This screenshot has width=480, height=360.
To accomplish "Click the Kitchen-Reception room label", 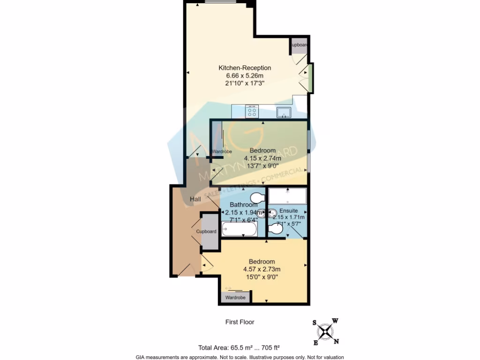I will pyautogui.click(x=248, y=68).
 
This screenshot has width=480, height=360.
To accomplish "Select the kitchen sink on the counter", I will pyautogui.click(x=284, y=112).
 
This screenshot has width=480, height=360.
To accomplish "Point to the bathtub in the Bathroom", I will pyautogui.click(x=239, y=230).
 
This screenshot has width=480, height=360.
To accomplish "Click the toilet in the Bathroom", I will pyautogui.click(x=257, y=196).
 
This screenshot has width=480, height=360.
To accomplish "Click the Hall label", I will pyautogui.click(x=195, y=200).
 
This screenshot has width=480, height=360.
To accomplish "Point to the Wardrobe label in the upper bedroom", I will pyautogui.click(x=222, y=151).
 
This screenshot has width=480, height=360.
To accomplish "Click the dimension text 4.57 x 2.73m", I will pyautogui.click(x=262, y=269).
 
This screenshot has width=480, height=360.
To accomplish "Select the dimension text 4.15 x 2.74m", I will pyautogui.click(x=262, y=158).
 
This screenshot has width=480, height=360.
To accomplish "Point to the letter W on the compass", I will pyautogui.click(x=335, y=321).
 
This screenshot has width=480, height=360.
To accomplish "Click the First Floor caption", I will pyautogui.click(x=240, y=322).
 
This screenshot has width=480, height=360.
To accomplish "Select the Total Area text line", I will pyautogui.click(x=239, y=348).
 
